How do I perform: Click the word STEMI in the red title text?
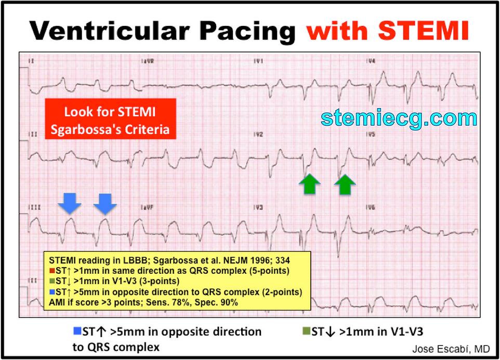pos(424,31)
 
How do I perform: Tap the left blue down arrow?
pos(69,203)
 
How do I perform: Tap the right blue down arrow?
pos(105,203)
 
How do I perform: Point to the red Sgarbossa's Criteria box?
pos(110,120)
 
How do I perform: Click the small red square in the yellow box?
pos(51,271)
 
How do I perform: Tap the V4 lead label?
pos(371,61)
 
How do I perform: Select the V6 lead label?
pos(371,207)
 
